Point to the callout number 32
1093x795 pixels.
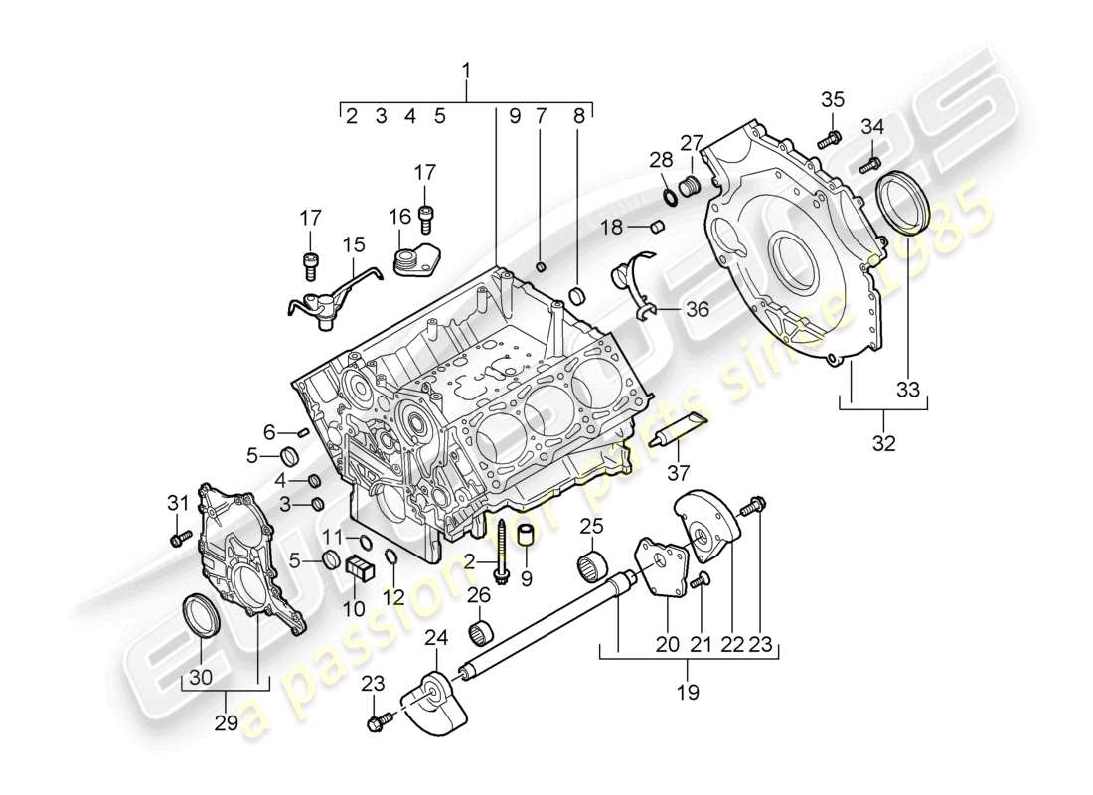(883, 443)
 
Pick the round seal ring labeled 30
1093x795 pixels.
(203, 613)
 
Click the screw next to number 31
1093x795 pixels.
(180, 538)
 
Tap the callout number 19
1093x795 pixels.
(688, 689)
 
